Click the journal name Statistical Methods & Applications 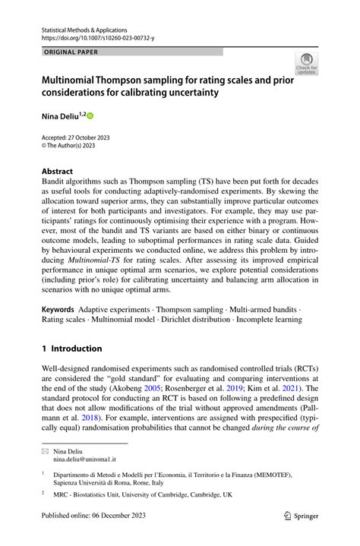(84, 30)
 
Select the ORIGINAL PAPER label (71, 52)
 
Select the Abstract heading (58, 172)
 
